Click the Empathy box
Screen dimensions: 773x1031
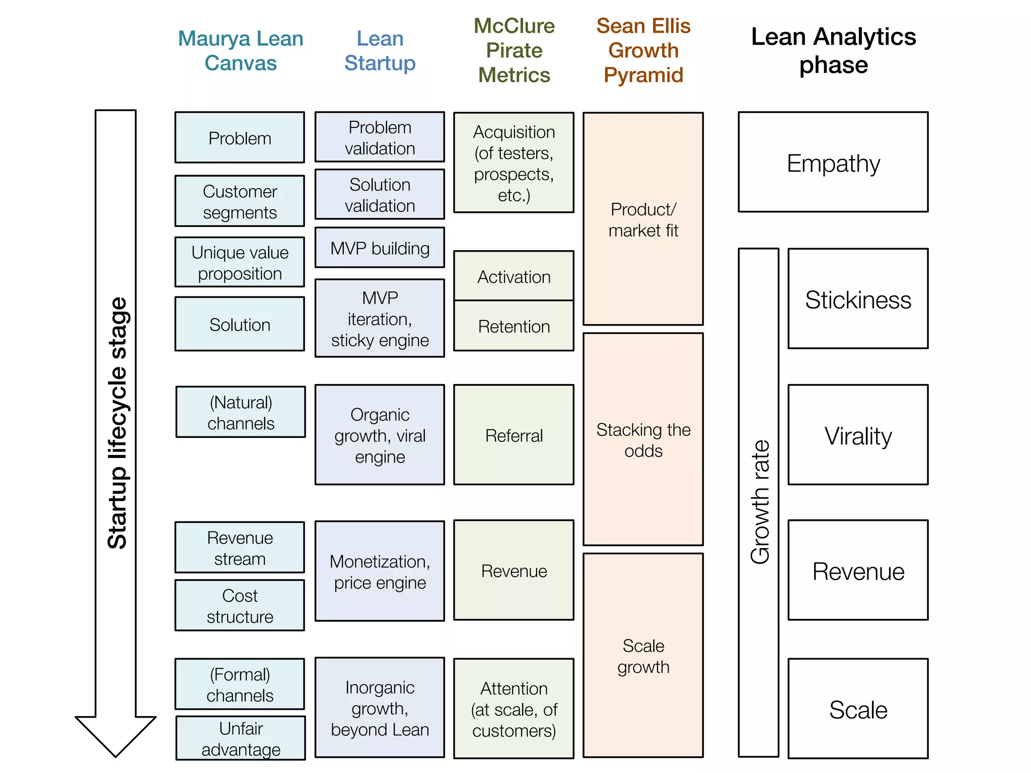click(x=833, y=162)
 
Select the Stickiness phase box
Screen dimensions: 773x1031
click(x=857, y=298)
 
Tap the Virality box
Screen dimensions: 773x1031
click(x=857, y=435)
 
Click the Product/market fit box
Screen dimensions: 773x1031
click(x=643, y=219)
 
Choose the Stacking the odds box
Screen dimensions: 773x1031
click(x=643, y=439)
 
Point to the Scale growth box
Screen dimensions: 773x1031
click(x=643, y=655)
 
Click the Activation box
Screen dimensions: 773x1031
click(x=513, y=276)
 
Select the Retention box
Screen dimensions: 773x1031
click(x=513, y=326)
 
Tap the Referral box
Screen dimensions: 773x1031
click(x=513, y=435)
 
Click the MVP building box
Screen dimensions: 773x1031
click(x=380, y=248)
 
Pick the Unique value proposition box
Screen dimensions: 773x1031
click(x=240, y=262)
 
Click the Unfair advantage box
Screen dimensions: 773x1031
click(x=241, y=738)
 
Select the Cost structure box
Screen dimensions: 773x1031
click(x=240, y=605)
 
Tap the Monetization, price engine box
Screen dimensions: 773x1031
click(x=380, y=571)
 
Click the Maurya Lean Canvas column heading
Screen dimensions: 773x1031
click(x=241, y=50)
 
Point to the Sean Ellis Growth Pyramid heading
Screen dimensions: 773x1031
click(x=643, y=50)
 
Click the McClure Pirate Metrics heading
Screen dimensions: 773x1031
click(x=513, y=50)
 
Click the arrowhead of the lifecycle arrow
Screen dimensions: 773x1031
click(x=115, y=735)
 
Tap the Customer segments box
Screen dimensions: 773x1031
click(x=240, y=201)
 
